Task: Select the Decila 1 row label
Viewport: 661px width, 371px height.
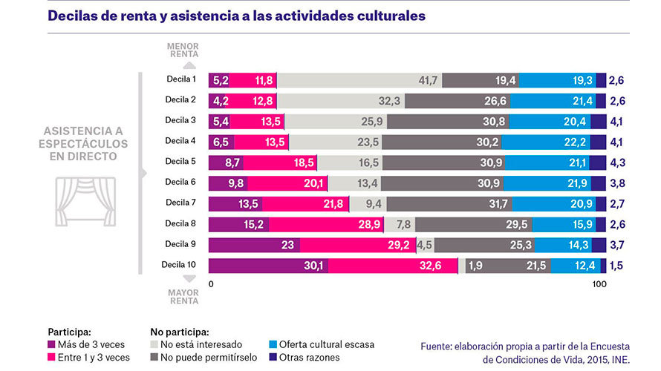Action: pyautogui.click(x=180, y=79)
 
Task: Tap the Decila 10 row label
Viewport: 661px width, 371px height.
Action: pyautogui.click(x=179, y=264)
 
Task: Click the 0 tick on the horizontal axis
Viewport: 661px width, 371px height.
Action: pyautogui.click(x=212, y=285)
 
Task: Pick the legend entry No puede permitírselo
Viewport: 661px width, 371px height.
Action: pyautogui.click(x=202, y=358)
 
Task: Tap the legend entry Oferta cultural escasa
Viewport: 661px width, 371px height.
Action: pyautogui.click(x=328, y=344)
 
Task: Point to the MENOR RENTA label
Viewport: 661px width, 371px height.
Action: pyautogui.click(x=183, y=49)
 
